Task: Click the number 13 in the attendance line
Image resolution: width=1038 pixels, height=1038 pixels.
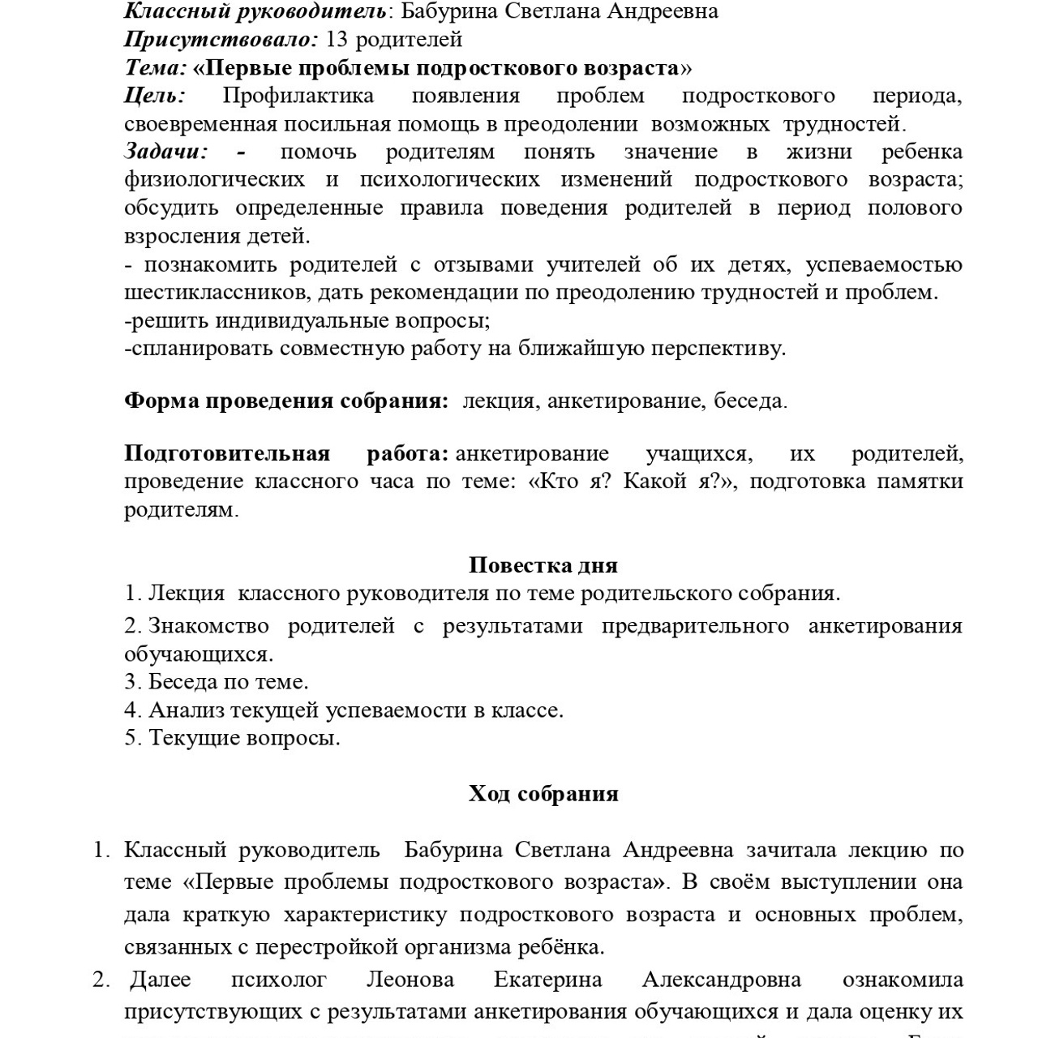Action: click(337, 39)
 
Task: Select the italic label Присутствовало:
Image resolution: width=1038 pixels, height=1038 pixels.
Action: click(221, 39)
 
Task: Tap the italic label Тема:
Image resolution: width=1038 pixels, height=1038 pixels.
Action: click(156, 67)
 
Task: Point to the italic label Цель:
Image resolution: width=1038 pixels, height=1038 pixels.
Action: click(155, 96)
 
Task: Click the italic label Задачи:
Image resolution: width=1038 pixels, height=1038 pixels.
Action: click(166, 152)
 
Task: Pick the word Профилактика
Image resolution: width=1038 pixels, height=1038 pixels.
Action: click(298, 96)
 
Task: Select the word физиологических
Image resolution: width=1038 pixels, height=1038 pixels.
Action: click(215, 179)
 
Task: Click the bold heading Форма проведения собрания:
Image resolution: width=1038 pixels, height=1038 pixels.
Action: click(285, 401)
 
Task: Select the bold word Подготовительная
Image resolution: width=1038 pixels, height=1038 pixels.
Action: click(227, 453)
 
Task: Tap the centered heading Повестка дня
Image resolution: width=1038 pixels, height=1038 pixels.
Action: click(543, 565)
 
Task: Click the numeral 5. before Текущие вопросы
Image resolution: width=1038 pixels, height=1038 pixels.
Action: click(133, 738)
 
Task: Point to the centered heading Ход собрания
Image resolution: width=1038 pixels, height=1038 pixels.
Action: click(543, 793)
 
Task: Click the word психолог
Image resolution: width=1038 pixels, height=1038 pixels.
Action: click(278, 980)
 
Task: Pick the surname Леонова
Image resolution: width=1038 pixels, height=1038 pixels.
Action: click(410, 980)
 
